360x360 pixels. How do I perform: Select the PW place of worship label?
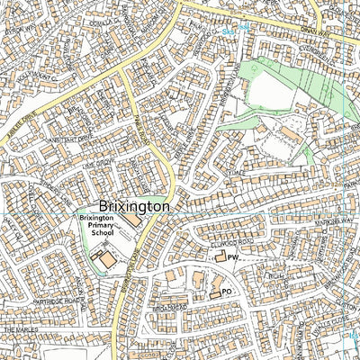pyautogui.click(x=232, y=257)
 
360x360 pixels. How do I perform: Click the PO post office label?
pyautogui.click(x=227, y=292)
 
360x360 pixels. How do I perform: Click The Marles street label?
pyautogui.click(x=22, y=331)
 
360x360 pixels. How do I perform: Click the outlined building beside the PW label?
pyautogui.click(x=219, y=258)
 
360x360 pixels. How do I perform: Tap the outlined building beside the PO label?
pyautogui.click(x=215, y=292)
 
